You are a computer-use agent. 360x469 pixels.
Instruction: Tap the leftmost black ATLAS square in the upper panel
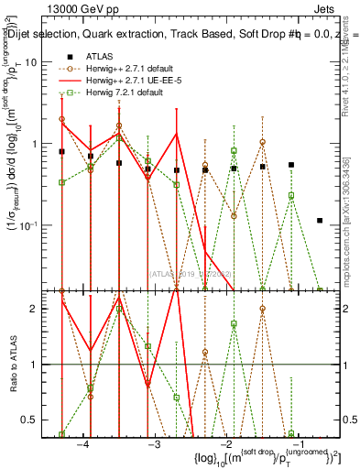coord(62,152)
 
